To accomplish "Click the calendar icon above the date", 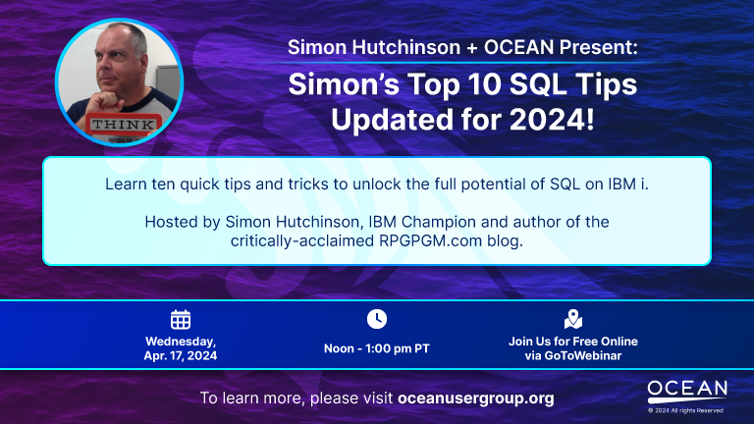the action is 181,320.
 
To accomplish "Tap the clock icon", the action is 377,319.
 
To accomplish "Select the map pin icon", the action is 573,319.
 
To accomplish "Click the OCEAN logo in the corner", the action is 687,392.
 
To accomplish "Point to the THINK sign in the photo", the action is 124,124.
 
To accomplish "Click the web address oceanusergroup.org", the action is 476,398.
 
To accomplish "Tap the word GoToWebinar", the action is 583,355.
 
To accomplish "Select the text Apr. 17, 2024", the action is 181,355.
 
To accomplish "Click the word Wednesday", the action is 181,342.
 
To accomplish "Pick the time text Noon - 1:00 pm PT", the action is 377,348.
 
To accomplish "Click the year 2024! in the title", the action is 552,120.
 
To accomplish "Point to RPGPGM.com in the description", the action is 430,240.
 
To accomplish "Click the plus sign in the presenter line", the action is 472,47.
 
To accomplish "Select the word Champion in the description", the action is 439,222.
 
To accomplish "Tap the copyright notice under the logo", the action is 685,410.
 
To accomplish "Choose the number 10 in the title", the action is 482,84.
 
